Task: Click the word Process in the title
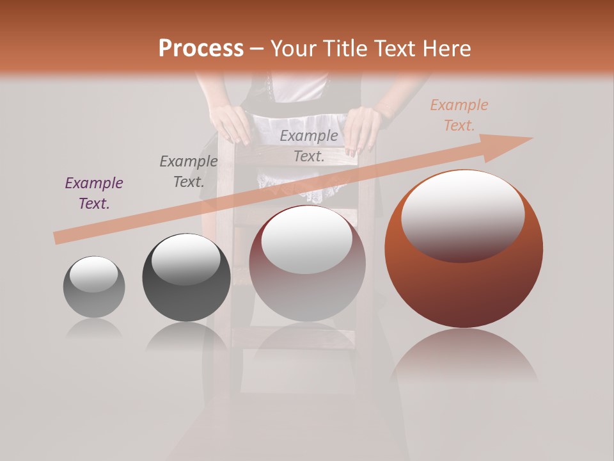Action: coord(201,48)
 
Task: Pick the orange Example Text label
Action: coord(459,115)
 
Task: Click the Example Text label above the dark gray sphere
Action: coord(188,172)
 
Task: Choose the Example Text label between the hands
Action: coord(309,145)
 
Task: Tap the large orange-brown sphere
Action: coord(464,288)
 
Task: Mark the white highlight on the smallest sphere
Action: coord(94,274)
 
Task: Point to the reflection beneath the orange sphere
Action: coord(464,359)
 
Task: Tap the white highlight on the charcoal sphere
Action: coord(185,259)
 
